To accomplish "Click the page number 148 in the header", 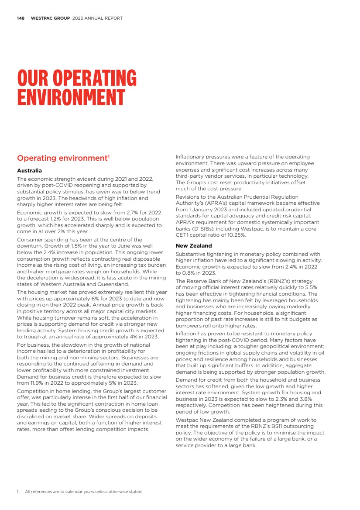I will pyautogui.click(x=20, y=18).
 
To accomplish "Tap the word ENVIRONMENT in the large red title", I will pyautogui.click(x=71, y=97).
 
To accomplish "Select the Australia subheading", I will pyautogui.click(x=29, y=170).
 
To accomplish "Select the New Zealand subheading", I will pyautogui.click(x=193, y=246).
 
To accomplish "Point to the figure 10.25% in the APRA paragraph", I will pyautogui.click(x=236, y=235).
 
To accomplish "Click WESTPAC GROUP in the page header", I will pyautogui.click(x=50, y=18).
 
